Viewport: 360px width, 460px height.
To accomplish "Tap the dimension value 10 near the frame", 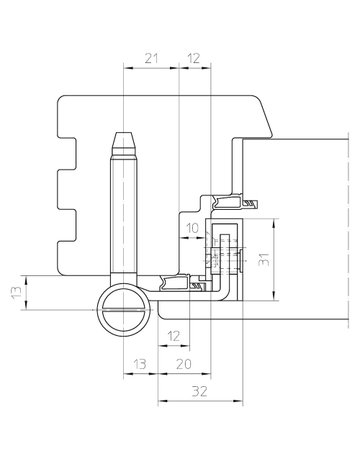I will tap(193, 229).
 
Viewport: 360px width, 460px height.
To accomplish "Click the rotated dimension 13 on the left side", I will tap(14, 294).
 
